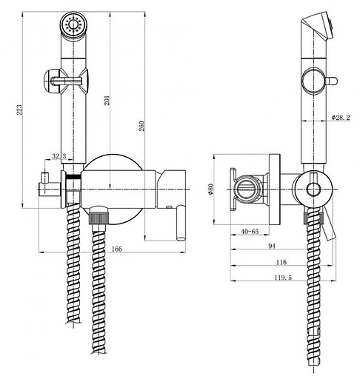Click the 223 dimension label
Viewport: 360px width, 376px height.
(19, 110)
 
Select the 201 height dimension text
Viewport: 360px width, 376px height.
(107, 100)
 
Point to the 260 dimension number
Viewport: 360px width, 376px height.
(141, 126)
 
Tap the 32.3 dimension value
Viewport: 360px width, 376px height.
(59, 156)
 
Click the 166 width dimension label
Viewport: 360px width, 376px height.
(117, 249)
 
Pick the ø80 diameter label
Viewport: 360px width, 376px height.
(210, 189)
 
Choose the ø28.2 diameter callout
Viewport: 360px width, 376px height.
(341, 118)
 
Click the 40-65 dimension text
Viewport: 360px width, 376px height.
(250, 232)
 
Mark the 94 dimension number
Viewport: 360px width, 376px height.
(272, 246)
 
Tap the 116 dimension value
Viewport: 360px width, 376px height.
(281, 262)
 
